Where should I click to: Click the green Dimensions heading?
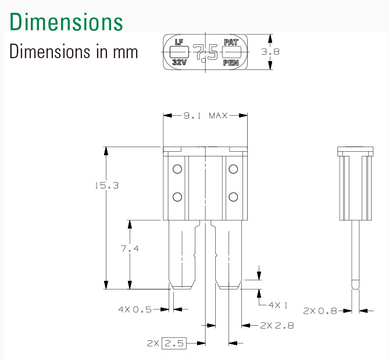point(66,22)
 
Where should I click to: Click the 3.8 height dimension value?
point(270,52)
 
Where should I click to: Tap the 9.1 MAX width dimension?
point(205,116)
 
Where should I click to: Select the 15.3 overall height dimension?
point(107,186)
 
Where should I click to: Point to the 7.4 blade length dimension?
point(130,248)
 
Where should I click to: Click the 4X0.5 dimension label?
point(135,309)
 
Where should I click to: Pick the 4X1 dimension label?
point(278,305)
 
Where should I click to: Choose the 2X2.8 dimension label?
point(277,325)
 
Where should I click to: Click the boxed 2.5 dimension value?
point(174,343)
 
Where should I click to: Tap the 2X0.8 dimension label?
point(320,311)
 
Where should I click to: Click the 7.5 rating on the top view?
point(205,52)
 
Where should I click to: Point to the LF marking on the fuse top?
point(179,42)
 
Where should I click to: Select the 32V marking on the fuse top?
point(179,62)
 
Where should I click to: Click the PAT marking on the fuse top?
point(231,42)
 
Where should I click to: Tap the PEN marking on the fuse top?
point(231,63)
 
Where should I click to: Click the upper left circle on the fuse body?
point(177,169)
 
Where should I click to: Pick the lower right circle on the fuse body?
point(233,197)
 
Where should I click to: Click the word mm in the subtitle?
point(125,52)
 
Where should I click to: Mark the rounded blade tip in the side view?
point(355,284)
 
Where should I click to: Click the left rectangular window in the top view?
point(179,52)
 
